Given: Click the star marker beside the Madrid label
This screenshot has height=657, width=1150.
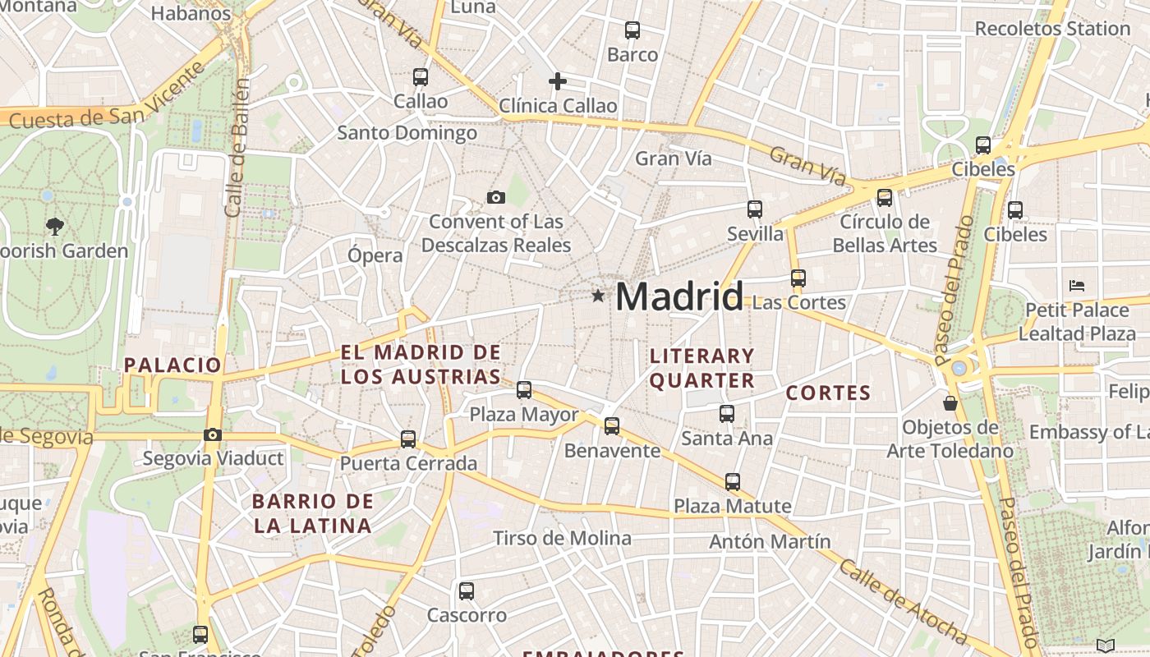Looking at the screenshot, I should click(x=597, y=296).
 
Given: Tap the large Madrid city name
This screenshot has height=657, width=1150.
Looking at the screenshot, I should click(x=679, y=296).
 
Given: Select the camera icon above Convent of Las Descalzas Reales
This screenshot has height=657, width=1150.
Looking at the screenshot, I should click(x=495, y=197).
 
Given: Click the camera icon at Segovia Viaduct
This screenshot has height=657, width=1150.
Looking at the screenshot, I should click(x=213, y=434).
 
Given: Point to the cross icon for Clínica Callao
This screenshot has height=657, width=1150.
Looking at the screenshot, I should click(x=558, y=80).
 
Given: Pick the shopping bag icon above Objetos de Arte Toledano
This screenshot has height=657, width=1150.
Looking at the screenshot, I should click(x=950, y=403).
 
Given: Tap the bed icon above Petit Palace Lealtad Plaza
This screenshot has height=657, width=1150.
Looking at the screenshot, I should click(x=1077, y=286).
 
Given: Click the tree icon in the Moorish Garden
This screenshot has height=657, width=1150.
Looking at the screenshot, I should click(x=55, y=226).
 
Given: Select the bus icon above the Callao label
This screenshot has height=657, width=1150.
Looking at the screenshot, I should click(x=421, y=77).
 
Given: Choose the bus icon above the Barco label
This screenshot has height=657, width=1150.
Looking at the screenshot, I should click(x=632, y=30).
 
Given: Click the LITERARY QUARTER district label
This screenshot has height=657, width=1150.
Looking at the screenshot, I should click(x=701, y=368).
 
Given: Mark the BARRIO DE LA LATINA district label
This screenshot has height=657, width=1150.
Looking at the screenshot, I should click(x=312, y=513).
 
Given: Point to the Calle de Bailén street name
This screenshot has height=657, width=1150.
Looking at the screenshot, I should click(x=237, y=148).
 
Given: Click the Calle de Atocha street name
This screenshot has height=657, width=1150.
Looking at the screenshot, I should click(x=904, y=602).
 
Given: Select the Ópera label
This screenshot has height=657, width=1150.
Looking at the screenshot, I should click(x=375, y=255).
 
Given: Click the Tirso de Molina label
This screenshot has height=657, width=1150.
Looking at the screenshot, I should click(x=562, y=538).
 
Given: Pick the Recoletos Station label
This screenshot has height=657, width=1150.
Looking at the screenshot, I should click(x=1052, y=29).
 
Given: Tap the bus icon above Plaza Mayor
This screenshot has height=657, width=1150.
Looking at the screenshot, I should click(x=524, y=390).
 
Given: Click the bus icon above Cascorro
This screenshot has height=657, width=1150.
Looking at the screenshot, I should click(x=467, y=590).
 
